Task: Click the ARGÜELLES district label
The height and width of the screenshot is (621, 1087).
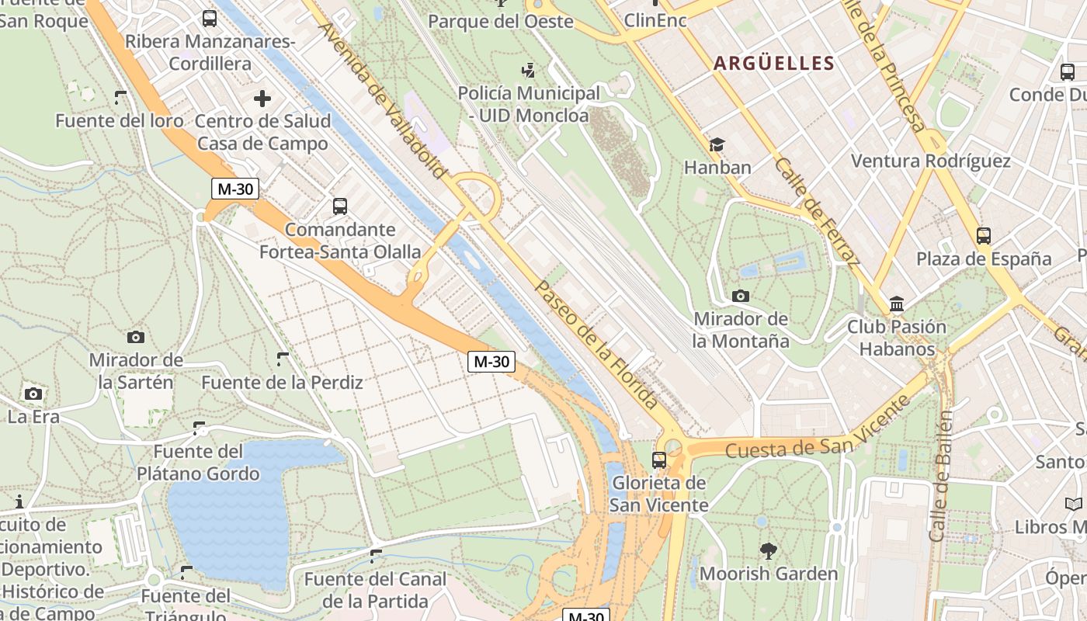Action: coord(773,64)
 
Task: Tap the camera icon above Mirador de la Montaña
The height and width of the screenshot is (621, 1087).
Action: coord(740,296)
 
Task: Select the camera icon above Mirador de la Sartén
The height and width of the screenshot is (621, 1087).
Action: coord(136,337)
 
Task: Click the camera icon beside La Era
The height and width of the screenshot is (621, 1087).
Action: coord(33,394)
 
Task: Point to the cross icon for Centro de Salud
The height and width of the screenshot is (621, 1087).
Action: coord(262,99)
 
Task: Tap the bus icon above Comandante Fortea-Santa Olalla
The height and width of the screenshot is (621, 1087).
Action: coord(340,206)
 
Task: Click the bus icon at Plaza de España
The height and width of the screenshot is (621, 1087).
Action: coord(984,235)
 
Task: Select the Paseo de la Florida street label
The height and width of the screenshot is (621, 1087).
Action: coord(596,344)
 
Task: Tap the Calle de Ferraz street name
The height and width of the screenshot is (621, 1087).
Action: coord(817,212)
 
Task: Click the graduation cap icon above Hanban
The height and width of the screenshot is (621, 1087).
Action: coord(717,145)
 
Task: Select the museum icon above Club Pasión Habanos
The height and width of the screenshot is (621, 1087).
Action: coord(897,304)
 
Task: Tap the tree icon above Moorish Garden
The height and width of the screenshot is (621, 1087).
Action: coord(769,551)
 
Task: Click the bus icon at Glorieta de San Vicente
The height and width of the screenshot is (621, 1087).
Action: coord(659,460)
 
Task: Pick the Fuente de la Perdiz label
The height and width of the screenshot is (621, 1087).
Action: coord(282,382)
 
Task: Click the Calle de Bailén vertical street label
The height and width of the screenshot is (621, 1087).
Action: coord(940,477)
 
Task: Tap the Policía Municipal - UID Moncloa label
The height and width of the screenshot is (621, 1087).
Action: coord(529,104)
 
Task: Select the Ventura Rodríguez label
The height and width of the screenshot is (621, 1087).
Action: coord(930,161)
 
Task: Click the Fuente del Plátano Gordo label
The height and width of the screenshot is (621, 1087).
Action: coord(198,462)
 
